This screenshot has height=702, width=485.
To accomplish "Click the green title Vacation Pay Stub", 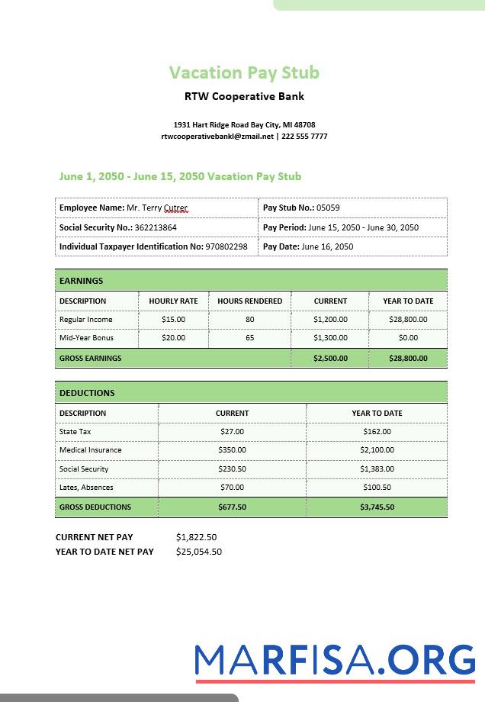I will coord(244,72).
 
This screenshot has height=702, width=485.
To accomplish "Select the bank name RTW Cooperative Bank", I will coord(244,96).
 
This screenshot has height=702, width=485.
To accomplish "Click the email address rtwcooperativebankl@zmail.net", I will coord(217,137).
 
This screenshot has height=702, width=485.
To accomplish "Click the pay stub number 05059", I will coord(328,208).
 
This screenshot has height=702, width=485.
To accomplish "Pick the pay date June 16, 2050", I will coord(327,246).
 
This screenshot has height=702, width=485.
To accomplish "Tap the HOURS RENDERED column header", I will coord(249,301).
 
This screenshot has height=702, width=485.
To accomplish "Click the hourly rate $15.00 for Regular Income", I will coord(173,320).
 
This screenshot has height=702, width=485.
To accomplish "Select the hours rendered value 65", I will coord(250,338).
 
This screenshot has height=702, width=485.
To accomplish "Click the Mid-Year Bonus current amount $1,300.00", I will coord(330,338).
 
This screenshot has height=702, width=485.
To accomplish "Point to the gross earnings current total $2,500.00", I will coord(330,358).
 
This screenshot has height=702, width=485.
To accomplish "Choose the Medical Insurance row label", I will coord(90,450).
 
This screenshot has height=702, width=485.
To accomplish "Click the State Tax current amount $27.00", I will coord(232,432).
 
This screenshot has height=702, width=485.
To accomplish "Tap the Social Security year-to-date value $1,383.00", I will coord(377,469).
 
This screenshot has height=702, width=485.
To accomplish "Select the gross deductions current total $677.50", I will coord(232,507).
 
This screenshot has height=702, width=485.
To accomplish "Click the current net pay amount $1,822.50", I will coord(196,537).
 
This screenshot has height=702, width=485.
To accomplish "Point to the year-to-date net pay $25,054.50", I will coord(198,552).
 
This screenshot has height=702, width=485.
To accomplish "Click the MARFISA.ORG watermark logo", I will coord(334,660).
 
